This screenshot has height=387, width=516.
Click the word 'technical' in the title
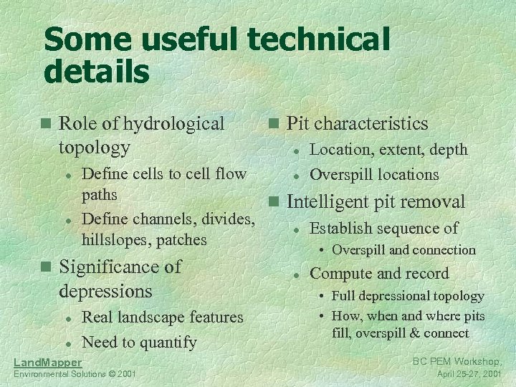(318, 40)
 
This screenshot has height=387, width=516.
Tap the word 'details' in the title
(97, 72)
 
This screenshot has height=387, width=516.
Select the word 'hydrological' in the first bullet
(173, 123)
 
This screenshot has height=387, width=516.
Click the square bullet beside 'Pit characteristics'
(273, 124)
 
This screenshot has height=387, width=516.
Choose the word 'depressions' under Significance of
(105, 291)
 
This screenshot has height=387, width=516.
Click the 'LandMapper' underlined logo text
(48, 362)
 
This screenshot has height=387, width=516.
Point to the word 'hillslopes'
(115, 239)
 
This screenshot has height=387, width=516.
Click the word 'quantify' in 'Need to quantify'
(168, 343)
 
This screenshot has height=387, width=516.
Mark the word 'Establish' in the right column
(339, 229)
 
